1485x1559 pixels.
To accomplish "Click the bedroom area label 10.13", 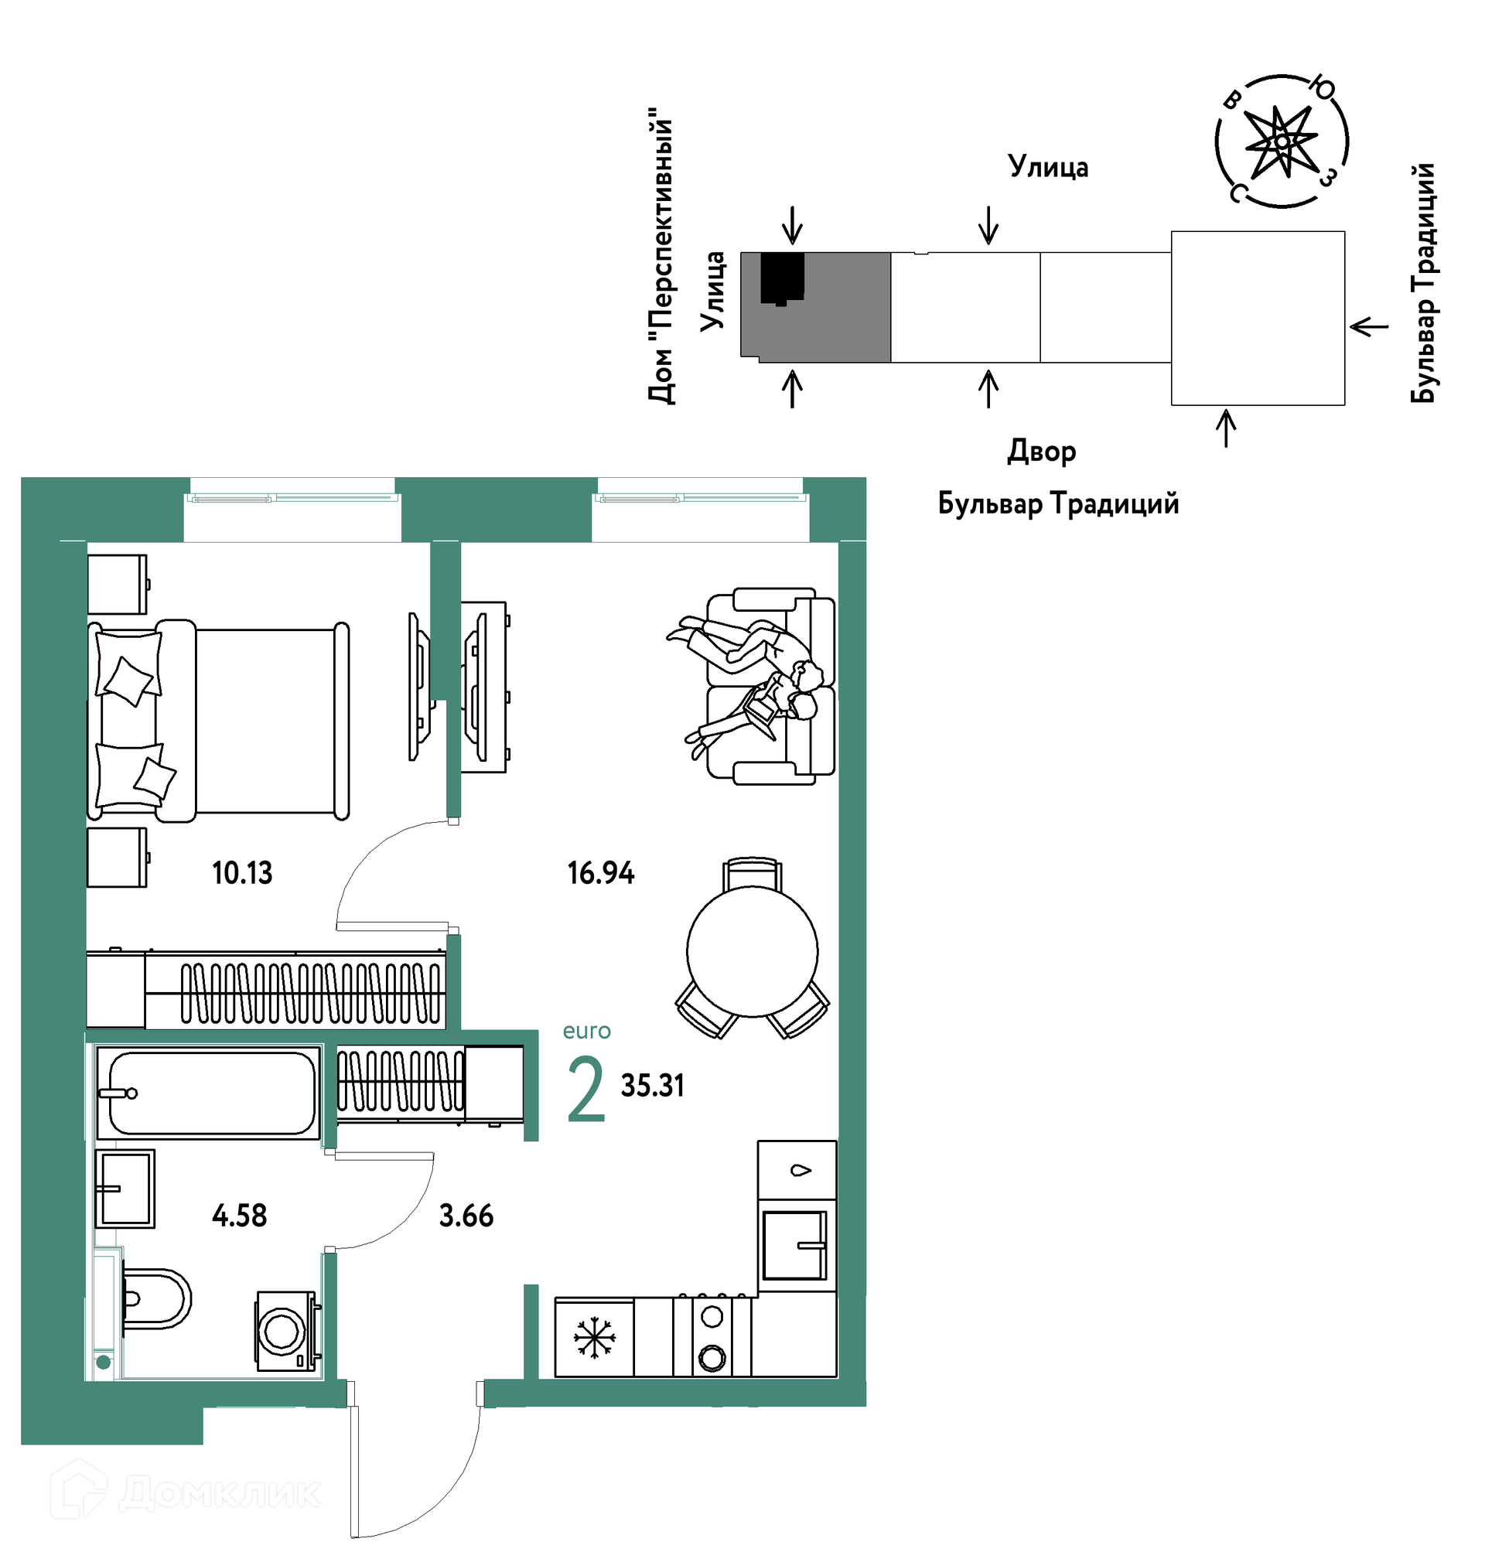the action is (x=242, y=873).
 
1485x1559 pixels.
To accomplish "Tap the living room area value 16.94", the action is (x=601, y=873).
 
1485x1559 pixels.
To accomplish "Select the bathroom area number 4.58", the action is (x=239, y=1216).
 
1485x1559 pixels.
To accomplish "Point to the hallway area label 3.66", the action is (x=466, y=1216).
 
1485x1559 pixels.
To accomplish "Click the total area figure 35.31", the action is (x=652, y=1086).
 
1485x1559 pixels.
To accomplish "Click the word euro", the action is (x=586, y=1031).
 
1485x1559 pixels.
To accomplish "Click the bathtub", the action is (x=208, y=1093).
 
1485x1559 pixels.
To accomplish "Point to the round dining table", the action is (x=752, y=951).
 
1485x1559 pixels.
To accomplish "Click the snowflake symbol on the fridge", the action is (x=595, y=1338).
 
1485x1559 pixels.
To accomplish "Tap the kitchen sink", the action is (x=794, y=1246).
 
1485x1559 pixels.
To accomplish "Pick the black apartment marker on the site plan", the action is (x=782, y=278).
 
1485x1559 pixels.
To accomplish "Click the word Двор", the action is (x=1041, y=452).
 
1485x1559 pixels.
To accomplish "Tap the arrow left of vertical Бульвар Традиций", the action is (x=1369, y=326).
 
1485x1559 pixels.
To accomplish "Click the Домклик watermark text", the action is (x=220, y=1493).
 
